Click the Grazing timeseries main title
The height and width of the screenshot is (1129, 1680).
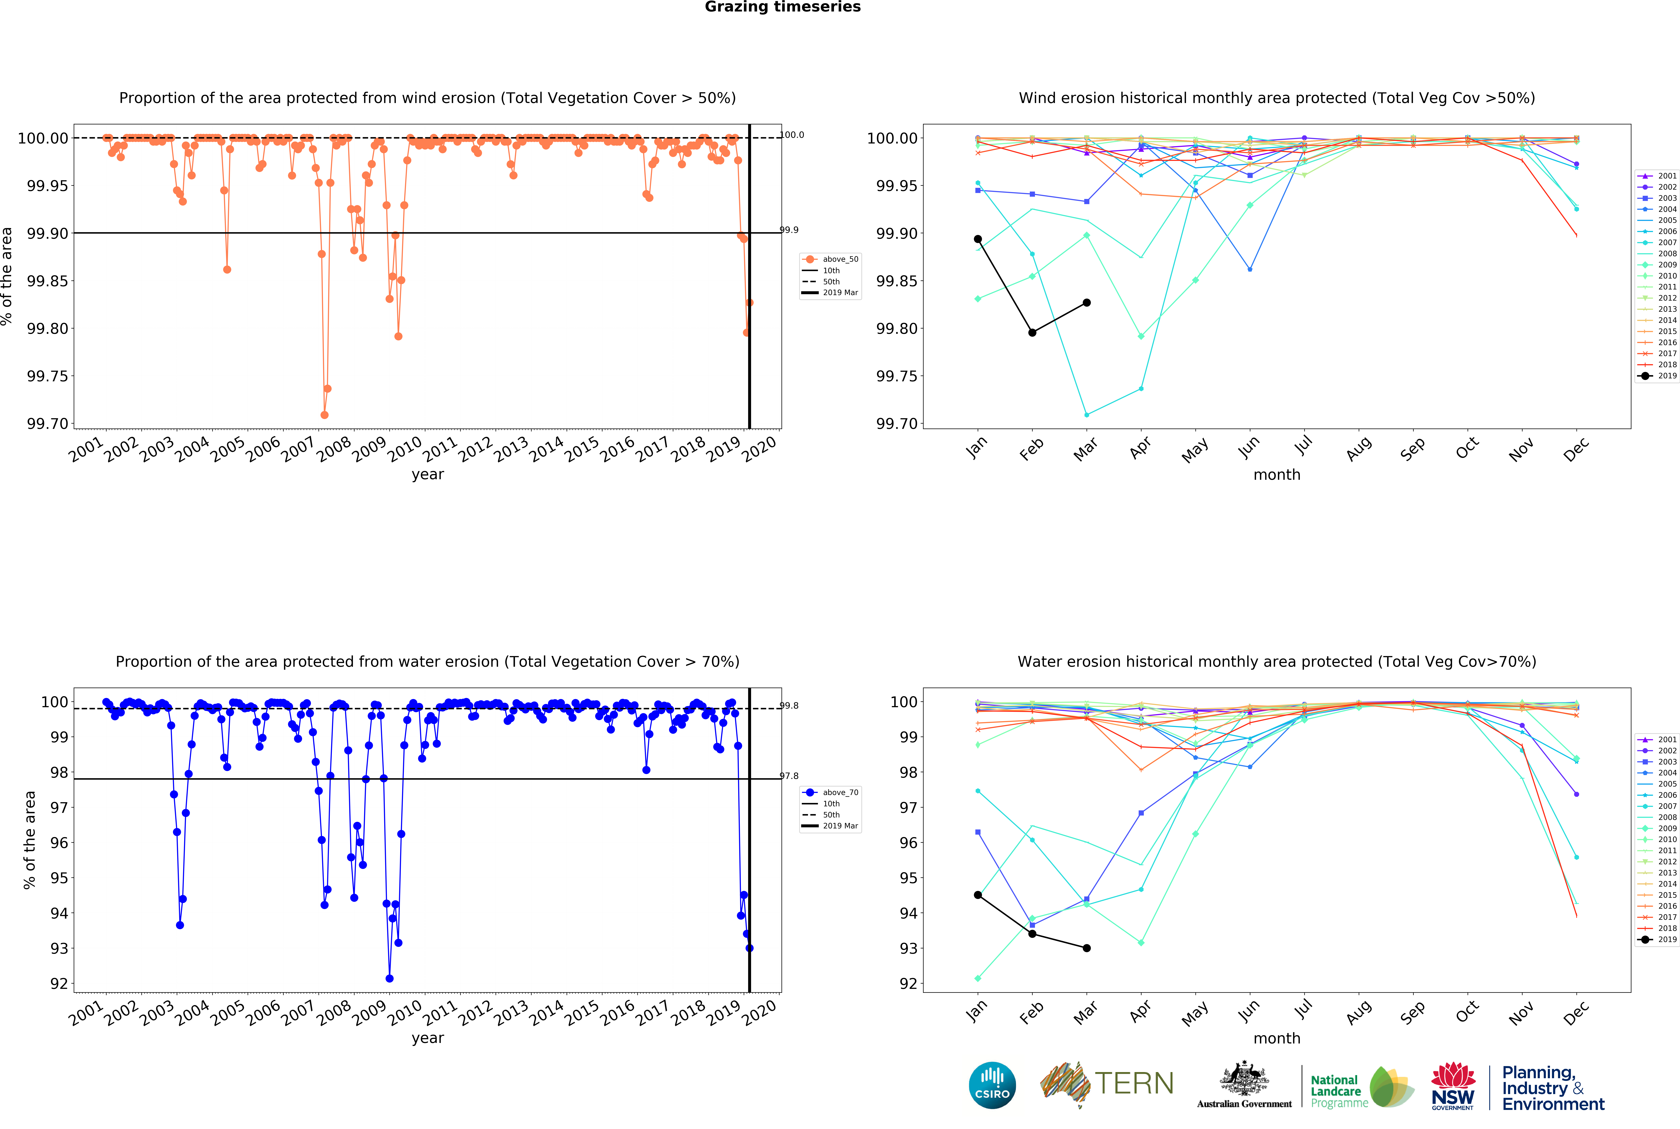pyautogui.click(x=783, y=7)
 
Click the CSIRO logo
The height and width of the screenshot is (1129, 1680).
pyautogui.click(x=992, y=1085)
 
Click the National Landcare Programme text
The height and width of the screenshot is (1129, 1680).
pyautogui.click(x=1339, y=1091)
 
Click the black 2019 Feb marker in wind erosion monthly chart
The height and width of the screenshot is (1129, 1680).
pyautogui.click(x=1032, y=333)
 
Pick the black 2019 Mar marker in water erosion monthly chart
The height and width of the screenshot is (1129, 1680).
pyautogui.click(x=1087, y=948)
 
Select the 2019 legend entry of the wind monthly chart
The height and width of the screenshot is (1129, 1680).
pyautogui.click(x=1657, y=376)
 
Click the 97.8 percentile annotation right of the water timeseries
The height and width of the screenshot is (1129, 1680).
pyautogui.click(x=789, y=776)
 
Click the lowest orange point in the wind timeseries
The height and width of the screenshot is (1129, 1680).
pyautogui.click(x=324, y=415)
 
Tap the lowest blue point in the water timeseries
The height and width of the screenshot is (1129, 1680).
pyautogui.click(x=390, y=978)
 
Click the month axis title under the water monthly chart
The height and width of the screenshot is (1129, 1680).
pyautogui.click(x=1277, y=1038)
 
